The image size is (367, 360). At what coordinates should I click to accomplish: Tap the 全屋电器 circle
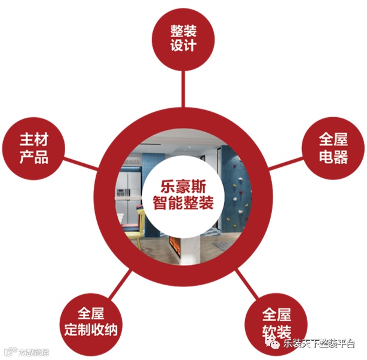(332, 148)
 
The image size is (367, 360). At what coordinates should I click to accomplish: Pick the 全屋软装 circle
(277, 323)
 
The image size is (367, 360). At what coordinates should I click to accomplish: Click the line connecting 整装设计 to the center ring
(183, 89)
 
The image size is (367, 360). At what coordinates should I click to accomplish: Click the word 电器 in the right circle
(332, 157)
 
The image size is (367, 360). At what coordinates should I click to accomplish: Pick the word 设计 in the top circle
(183, 46)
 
